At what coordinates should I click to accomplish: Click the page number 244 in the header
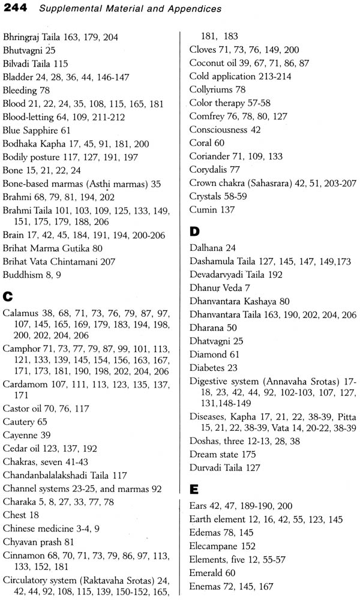pos(13,9)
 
